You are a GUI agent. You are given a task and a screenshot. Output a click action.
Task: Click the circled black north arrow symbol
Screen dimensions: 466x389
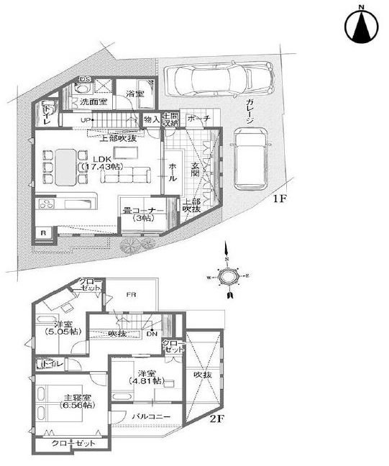[x=362, y=26]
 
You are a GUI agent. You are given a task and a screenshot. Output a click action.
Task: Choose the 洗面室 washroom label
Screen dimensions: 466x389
[x=93, y=104]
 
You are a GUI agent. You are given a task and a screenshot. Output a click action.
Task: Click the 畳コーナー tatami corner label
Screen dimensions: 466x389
[x=145, y=214]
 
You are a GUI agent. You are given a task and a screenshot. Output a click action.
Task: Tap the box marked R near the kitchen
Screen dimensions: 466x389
[x=43, y=232]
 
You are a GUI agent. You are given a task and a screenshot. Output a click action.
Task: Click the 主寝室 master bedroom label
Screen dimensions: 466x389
[x=75, y=401]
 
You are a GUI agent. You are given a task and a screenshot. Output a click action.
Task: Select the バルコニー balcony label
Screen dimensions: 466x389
[x=150, y=416]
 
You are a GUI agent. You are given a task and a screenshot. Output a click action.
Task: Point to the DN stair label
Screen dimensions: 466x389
[x=152, y=334]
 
